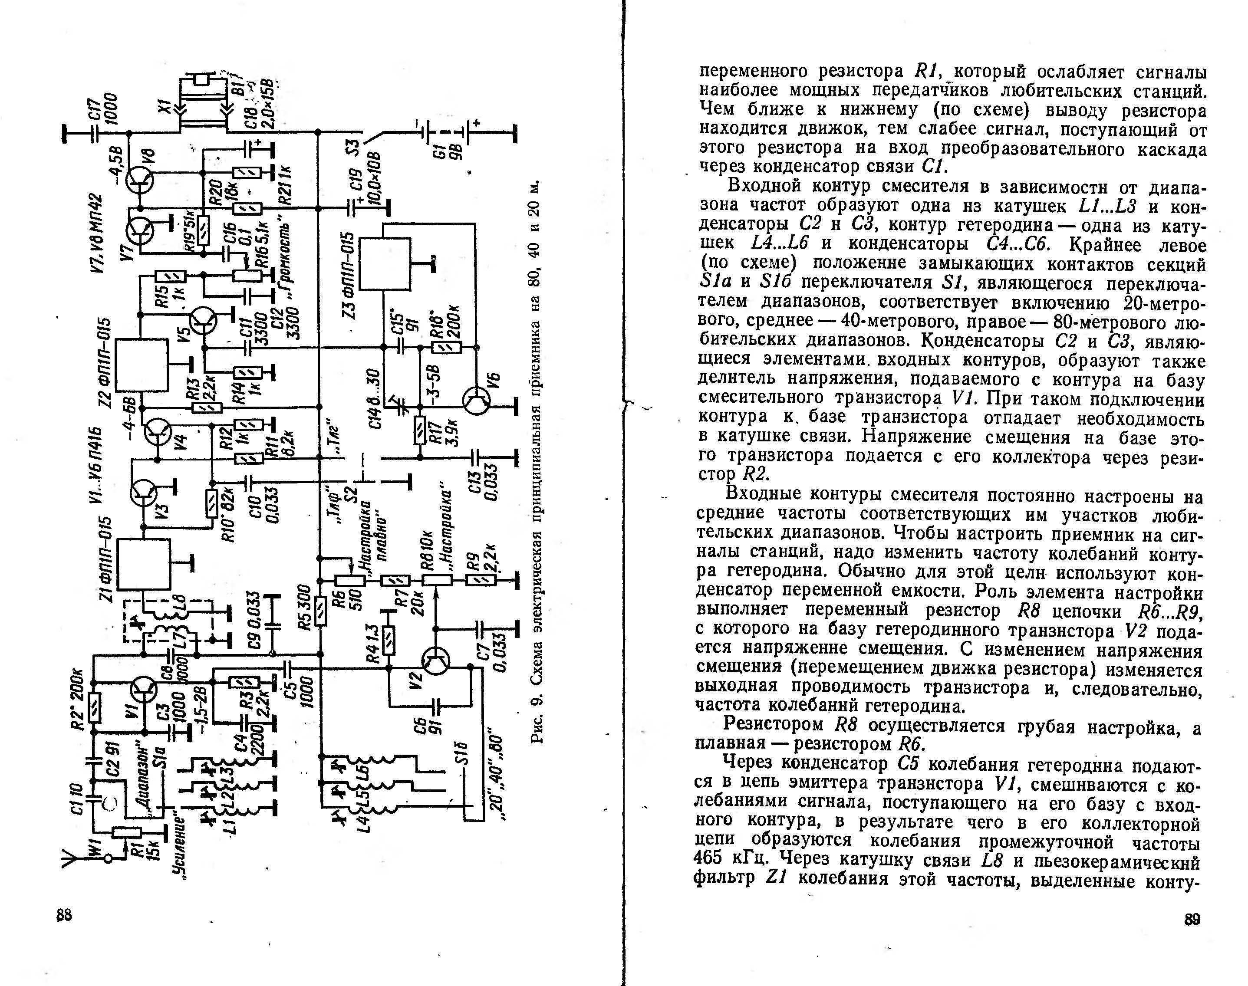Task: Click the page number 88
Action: (x=64, y=915)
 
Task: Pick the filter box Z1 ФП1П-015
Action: (x=144, y=564)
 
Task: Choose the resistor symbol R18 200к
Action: (x=446, y=348)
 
